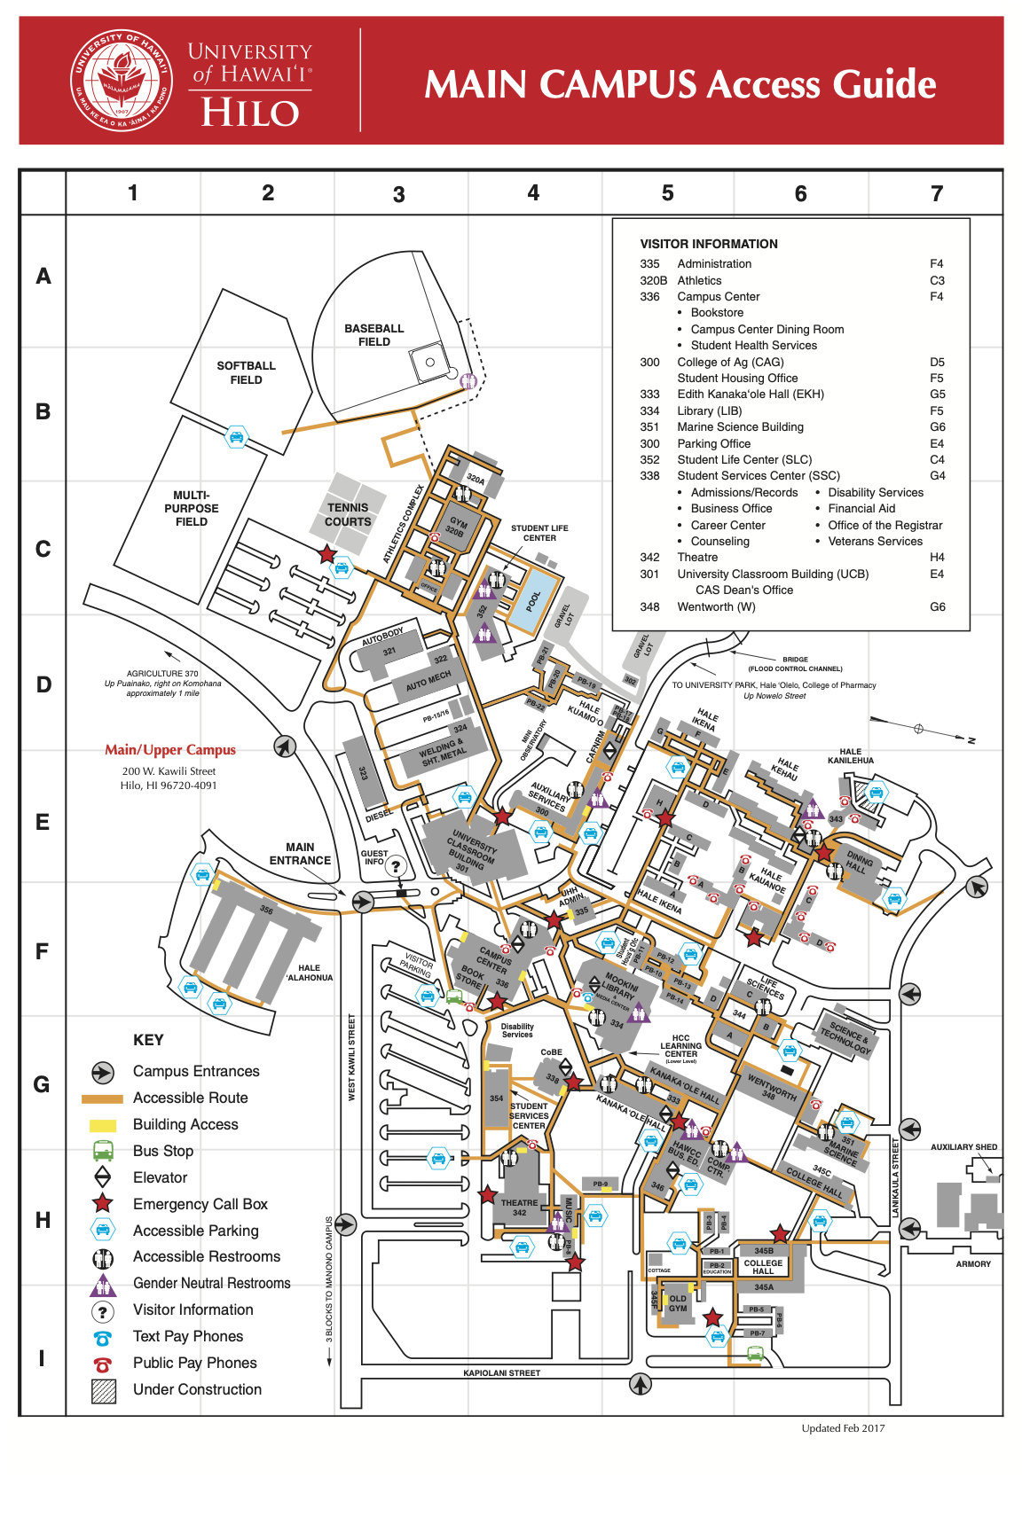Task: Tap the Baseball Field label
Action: [374, 335]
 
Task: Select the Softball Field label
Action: [246, 372]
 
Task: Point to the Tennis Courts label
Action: [348, 515]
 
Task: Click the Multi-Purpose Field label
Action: [192, 509]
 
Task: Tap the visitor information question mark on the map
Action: [396, 867]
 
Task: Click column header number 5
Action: [667, 193]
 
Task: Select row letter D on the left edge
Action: [43, 684]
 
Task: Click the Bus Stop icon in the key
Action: [103, 1151]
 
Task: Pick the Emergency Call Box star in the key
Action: [103, 1204]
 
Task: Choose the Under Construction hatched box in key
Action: [104, 1390]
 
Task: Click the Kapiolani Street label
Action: [501, 1373]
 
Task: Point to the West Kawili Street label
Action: [351, 1058]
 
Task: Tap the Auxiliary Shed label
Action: [963, 1147]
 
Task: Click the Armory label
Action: [973, 1264]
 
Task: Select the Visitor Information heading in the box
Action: [709, 244]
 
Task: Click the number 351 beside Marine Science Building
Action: [649, 427]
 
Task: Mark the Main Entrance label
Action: [300, 854]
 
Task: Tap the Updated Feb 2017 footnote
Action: [843, 1428]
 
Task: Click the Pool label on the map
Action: [533, 602]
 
